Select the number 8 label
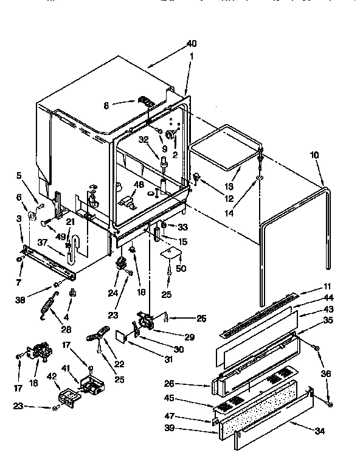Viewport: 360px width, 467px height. tap(106, 105)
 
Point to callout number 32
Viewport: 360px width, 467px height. tap(143, 139)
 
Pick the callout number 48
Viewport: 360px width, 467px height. tap(139, 185)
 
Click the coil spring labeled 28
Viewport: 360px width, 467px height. tap(48, 305)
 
